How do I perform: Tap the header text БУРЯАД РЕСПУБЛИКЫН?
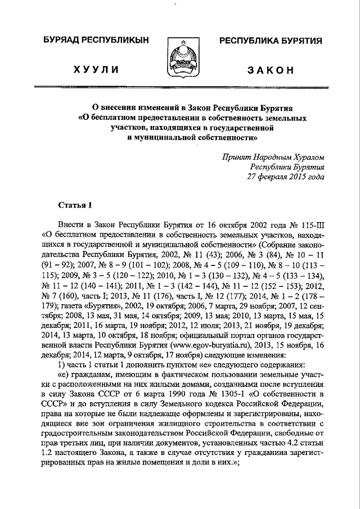point(96,41)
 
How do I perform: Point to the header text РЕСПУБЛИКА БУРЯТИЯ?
point(271,41)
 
